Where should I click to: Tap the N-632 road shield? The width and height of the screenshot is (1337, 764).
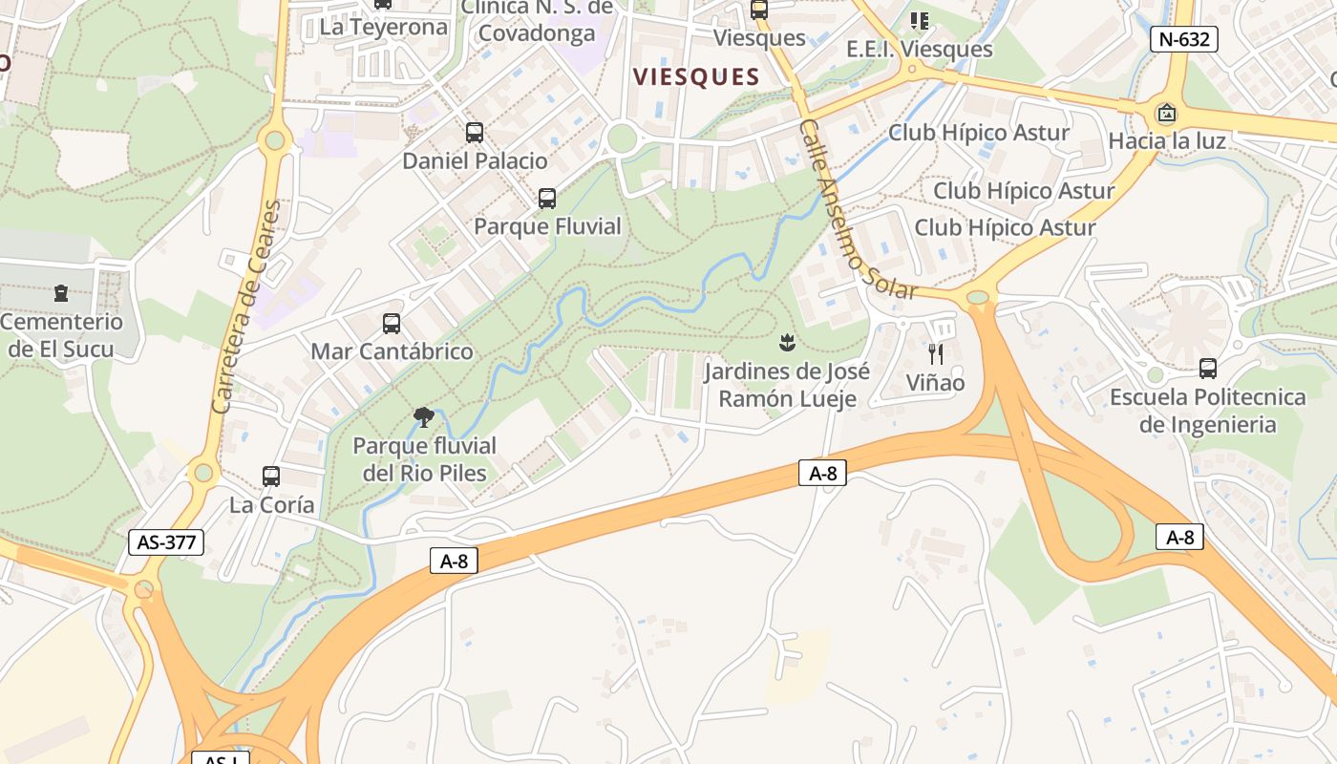(1184, 39)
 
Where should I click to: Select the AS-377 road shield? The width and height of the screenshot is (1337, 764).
(166, 542)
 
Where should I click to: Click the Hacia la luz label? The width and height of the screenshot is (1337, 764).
(1167, 141)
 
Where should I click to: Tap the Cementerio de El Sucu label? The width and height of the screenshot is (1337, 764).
(62, 335)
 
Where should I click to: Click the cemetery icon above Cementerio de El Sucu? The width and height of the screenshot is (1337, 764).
(62, 293)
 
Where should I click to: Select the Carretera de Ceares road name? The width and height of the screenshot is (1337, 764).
(247, 306)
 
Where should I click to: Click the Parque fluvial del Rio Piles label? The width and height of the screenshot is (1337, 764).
(424, 459)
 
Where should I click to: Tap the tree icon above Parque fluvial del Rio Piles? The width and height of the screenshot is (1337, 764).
(424, 417)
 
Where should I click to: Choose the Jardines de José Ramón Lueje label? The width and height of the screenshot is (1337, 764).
(787, 385)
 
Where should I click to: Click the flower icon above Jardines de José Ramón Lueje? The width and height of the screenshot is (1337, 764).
(787, 342)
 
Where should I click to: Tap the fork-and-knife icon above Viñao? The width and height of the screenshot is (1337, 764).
(936, 354)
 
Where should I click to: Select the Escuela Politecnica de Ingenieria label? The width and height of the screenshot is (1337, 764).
(1207, 411)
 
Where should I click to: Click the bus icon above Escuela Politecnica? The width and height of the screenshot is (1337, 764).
(1207, 369)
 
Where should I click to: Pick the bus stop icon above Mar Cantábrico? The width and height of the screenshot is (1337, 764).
(392, 324)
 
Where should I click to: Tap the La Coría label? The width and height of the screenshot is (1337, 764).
(272, 504)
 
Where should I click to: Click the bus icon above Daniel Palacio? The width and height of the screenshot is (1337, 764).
(475, 133)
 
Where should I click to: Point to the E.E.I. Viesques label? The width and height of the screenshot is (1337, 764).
(920, 49)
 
